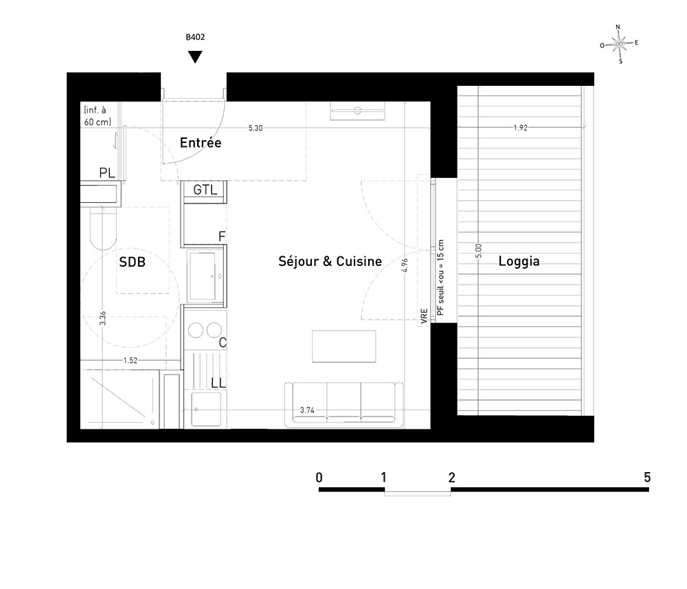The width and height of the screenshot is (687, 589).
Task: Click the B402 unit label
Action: (x=195, y=37)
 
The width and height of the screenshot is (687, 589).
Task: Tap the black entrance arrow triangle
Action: (x=195, y=56)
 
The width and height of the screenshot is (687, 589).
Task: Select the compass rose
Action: (x=619, y=44)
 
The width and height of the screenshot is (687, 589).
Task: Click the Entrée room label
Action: (x=201, y=142)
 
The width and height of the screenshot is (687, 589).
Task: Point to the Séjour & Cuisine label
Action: (x=330, y=261)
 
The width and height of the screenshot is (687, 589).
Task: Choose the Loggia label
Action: (x=519, y=261)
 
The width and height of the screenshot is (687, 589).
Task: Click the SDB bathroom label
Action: (x=132, y=262)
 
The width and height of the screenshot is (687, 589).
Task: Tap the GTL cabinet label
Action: (x=205, y=190)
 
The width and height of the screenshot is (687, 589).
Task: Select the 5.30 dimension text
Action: (x=256, y=128)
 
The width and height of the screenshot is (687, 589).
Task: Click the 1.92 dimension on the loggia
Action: (x=521, y=128)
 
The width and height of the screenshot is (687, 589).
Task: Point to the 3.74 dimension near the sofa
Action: (x=307, y=410)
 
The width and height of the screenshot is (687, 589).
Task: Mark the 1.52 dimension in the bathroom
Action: (x=130, y=360)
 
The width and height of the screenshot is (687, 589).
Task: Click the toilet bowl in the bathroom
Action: (x=104, y=227)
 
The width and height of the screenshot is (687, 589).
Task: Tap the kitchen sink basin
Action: (x=203, y=275)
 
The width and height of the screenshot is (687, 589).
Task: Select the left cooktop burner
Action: (x=196, y=330)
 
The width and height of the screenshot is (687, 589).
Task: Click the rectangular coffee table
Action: (x=344, y=346)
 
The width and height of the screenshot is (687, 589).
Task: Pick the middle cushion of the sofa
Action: (x=344, y=401)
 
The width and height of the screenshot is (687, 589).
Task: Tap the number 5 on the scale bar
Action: (x=647, y=477)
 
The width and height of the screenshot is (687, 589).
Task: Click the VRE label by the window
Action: (x=424, y=316)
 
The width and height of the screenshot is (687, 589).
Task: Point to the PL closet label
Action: (x=107, y=173)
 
